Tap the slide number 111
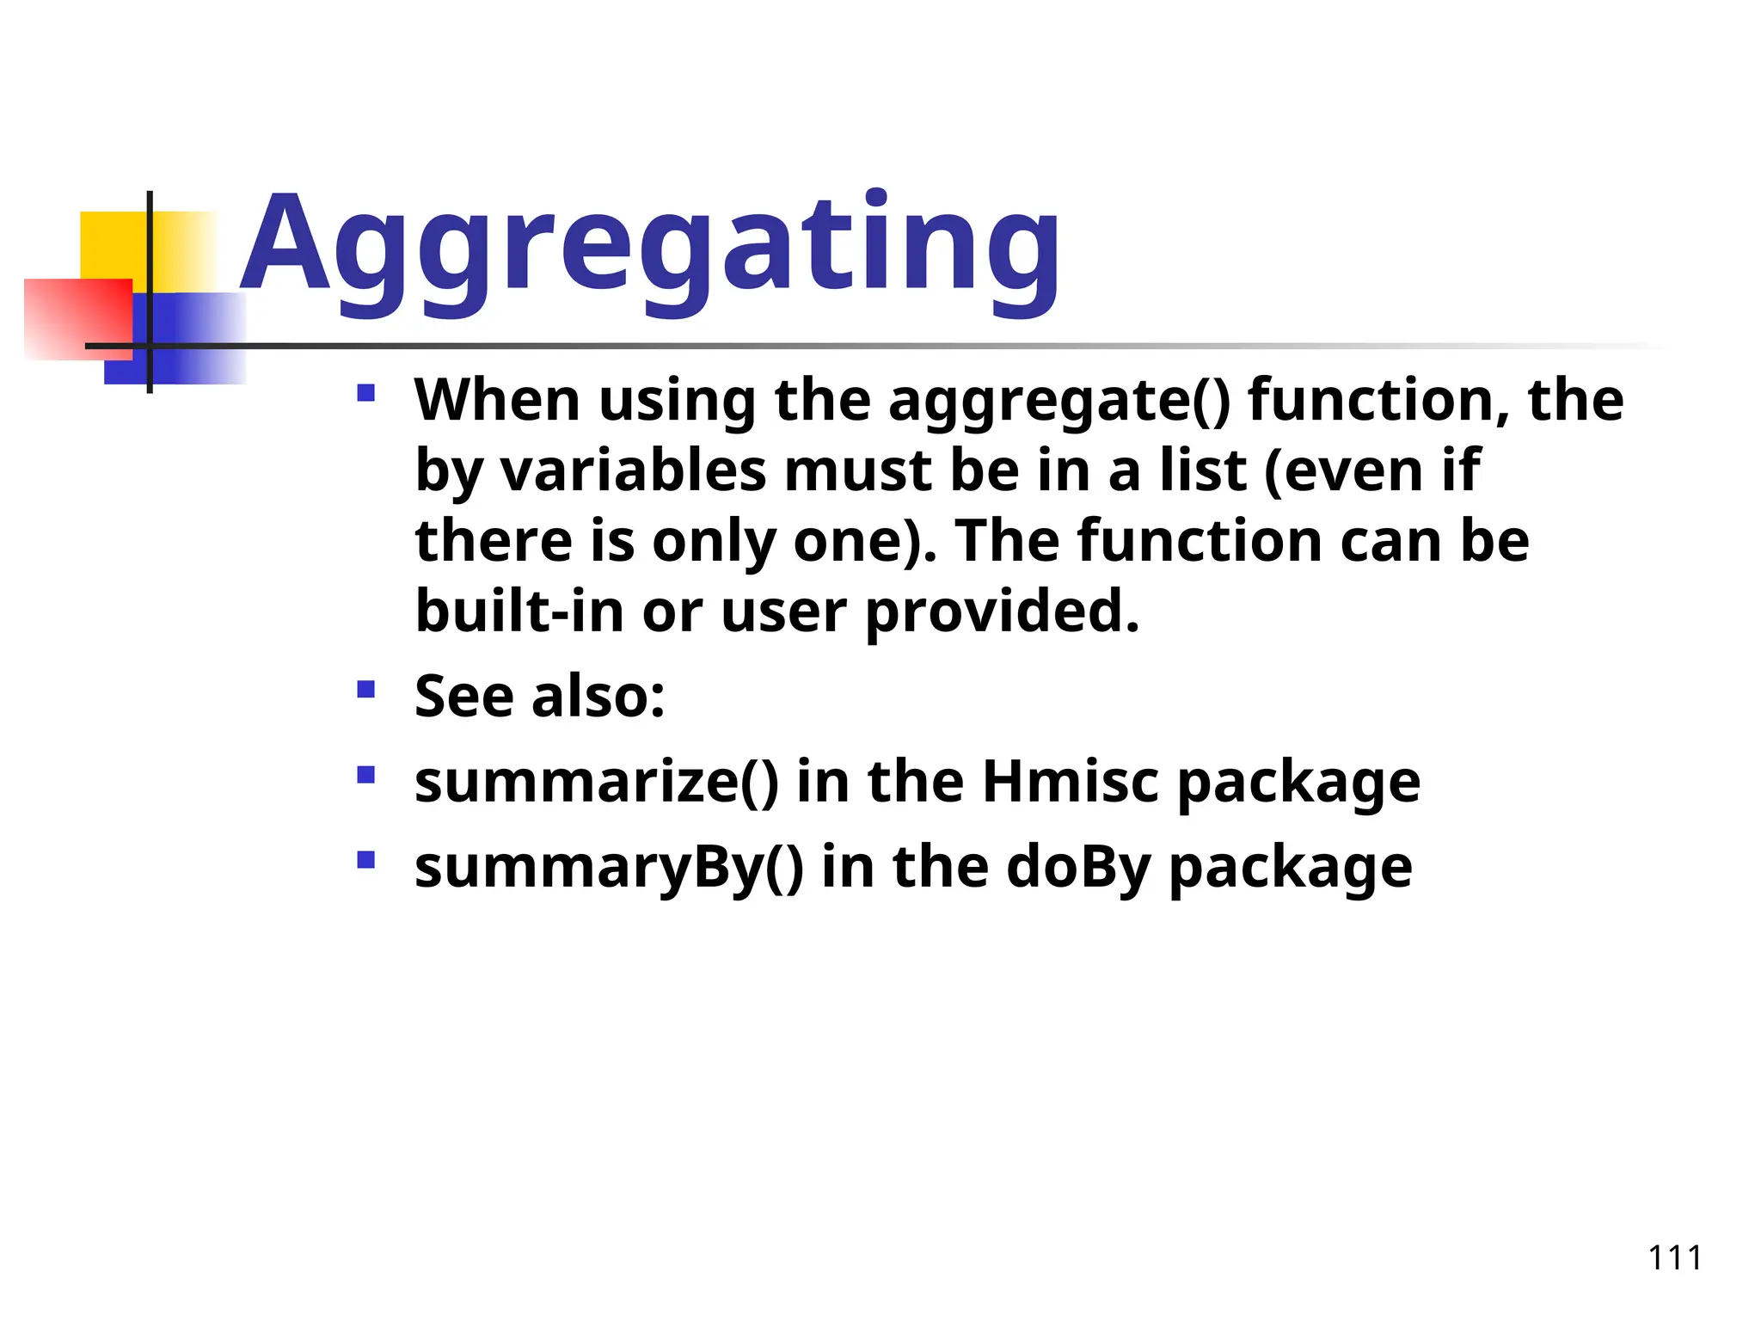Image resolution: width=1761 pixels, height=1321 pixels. point(1674,1258)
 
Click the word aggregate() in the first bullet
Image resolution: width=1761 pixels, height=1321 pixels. point(1059,402)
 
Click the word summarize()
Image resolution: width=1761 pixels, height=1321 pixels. point(597,782)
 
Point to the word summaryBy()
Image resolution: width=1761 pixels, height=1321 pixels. point(609,867)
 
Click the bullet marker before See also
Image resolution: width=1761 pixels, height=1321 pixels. point(366,689)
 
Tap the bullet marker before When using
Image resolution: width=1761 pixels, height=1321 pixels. point(366,394)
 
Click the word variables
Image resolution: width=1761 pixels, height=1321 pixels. point(633,472)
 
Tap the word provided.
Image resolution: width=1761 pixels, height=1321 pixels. point(1002,611)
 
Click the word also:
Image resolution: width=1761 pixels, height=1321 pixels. point(598,696)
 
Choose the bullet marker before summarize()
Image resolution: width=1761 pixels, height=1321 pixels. point(366,775)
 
